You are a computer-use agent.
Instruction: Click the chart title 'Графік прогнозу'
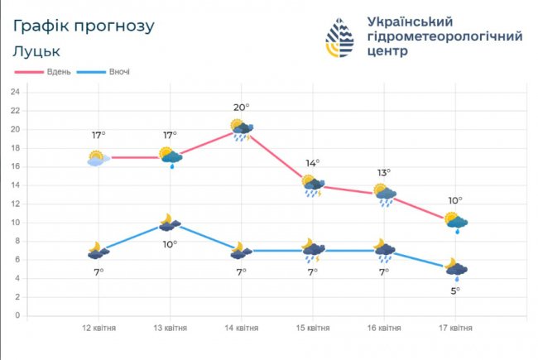coord(84,26)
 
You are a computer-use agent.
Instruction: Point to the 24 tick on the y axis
coord(15,92)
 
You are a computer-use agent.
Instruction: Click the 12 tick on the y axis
coord(15,204)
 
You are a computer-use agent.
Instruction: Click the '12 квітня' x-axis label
coord(98,329)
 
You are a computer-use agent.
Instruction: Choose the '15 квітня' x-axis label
coord(312,329)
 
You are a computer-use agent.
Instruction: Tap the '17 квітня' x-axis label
coord(454,329)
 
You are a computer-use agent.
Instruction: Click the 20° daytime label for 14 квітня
coord(242,107)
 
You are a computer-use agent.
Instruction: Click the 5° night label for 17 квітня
coord(455,290)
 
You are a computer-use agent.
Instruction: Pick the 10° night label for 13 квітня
coord(170,244)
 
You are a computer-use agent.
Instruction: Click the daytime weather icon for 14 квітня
coord(242,129)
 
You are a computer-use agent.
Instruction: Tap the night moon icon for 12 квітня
coord(98,251)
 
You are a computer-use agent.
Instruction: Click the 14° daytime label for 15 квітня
coord(313,163)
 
